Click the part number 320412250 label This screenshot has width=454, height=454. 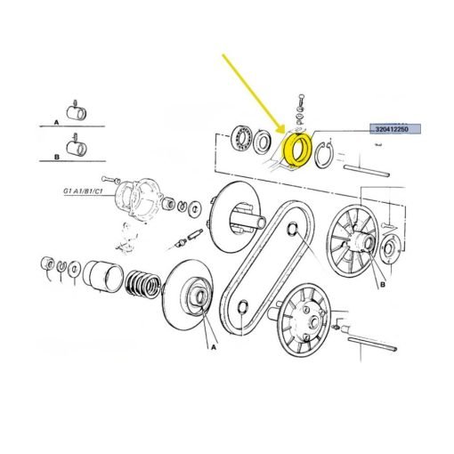tap(392, 129)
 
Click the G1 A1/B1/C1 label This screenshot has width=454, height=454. tap(83, 191)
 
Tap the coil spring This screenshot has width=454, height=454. tap(143, 284)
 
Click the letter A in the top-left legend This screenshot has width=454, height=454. tap(56, 122)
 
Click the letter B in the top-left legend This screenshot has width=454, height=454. tap(57, 157)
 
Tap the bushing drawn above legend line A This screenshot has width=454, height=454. tap(77, 113)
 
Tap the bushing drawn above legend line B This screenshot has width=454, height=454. tap(77, 148)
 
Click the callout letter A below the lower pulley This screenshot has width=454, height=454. tap(214, 347)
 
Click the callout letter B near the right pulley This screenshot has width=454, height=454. tap(383, 285)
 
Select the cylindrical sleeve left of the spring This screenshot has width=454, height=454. tap(102, 277)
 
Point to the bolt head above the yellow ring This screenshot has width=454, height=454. tap(301, 98)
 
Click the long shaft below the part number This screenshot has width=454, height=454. tap(366, 171)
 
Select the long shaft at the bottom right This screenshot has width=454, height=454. tap(372, 345)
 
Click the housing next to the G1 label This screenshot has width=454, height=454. tap(139, 199)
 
